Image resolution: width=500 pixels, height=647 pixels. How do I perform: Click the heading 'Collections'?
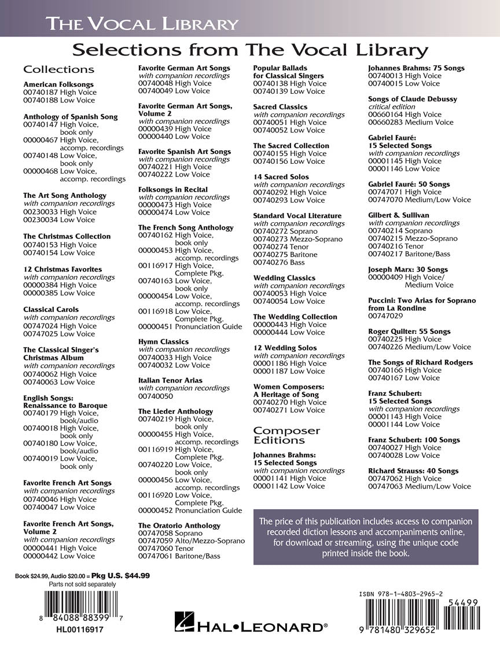coord(58,69)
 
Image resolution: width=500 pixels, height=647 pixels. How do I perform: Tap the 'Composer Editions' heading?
coord(286,435)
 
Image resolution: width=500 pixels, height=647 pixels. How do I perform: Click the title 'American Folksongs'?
coord(58,84)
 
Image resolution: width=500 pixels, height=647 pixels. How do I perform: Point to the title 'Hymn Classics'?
coord(163,342)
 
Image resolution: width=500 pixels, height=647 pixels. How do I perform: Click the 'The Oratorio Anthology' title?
coord(179,525)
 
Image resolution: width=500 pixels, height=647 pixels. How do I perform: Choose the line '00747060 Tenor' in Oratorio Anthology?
coord(167,549)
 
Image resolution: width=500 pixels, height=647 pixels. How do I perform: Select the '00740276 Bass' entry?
coord(279,262)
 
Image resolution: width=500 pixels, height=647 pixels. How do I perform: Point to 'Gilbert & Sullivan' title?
coord(399,215)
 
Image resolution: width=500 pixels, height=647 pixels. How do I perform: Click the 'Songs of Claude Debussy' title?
coord(413,99)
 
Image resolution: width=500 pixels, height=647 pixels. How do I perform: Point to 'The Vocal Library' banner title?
coord(142,24)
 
